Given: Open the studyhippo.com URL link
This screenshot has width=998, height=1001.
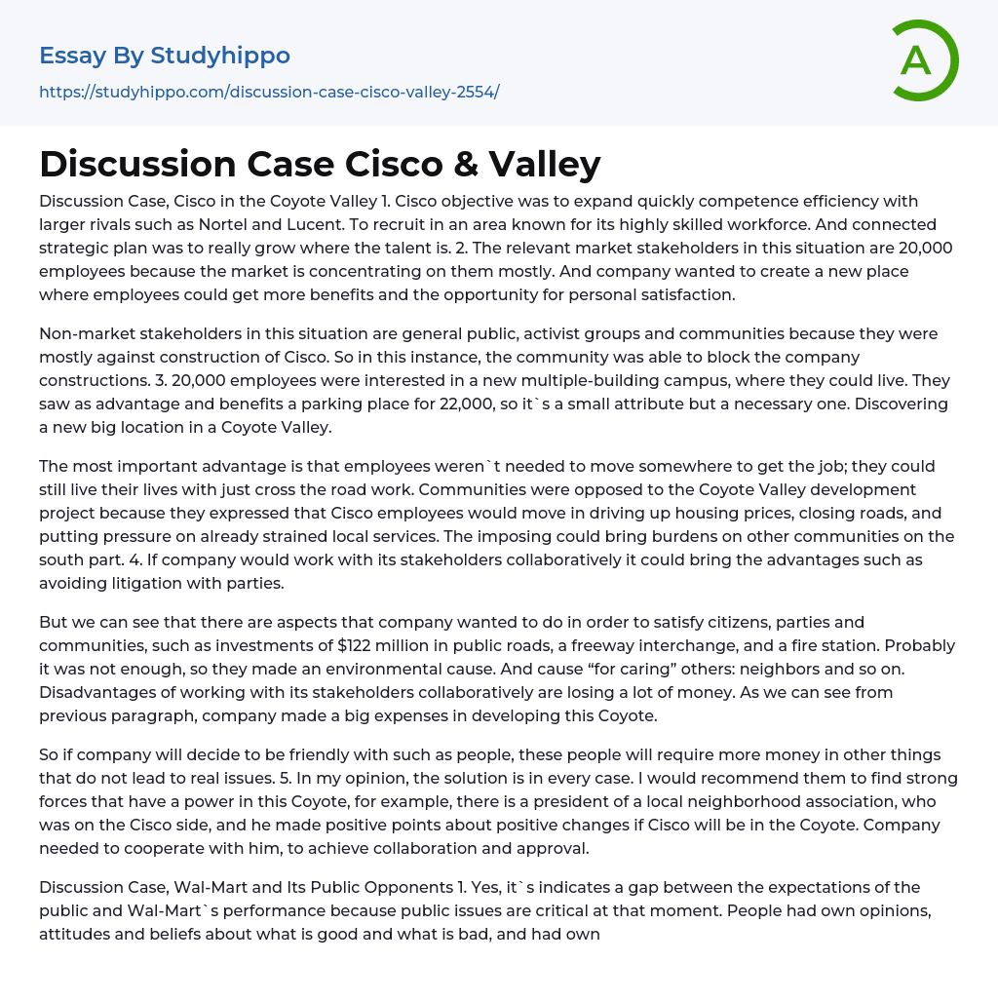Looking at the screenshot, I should pos(269,92).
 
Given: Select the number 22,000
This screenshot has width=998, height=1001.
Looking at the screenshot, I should pos(507,404).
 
